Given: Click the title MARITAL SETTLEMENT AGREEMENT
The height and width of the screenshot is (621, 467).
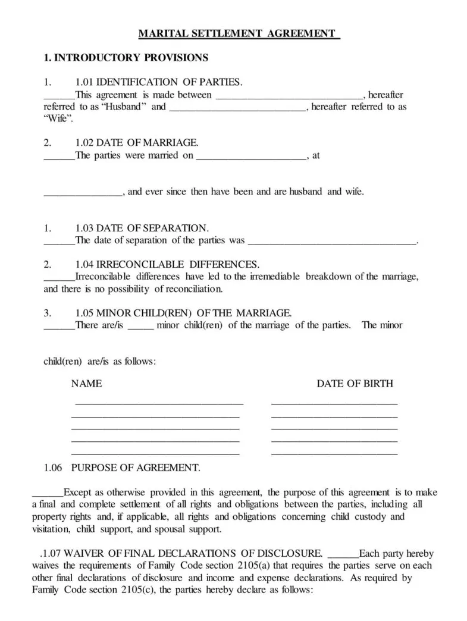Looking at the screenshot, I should pyautogui.click(x=238, y=34).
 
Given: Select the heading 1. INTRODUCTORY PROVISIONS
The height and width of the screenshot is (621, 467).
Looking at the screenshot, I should pyautogui.click(x=126, y=58).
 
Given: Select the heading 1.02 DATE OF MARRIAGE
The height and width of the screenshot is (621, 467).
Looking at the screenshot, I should pyautogui.click(x=137, y=143).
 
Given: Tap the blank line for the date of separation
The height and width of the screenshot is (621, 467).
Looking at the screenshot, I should pyautogui.click(x=332, y=241).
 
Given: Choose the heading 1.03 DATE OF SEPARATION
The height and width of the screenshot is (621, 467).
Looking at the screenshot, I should pyautogui.click(x=142, y=228).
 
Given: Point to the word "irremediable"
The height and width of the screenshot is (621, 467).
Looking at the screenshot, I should pyautogui.click(x=276, y=277).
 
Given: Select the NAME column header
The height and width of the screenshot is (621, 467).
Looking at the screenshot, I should pyautogui.click(x=86, y=384).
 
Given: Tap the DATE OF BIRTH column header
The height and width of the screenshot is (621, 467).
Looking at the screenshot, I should pyautogui.click(x=355, y=384).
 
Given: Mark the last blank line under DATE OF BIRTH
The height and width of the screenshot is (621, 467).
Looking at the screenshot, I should pyautogui.click(x=334, y=454).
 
